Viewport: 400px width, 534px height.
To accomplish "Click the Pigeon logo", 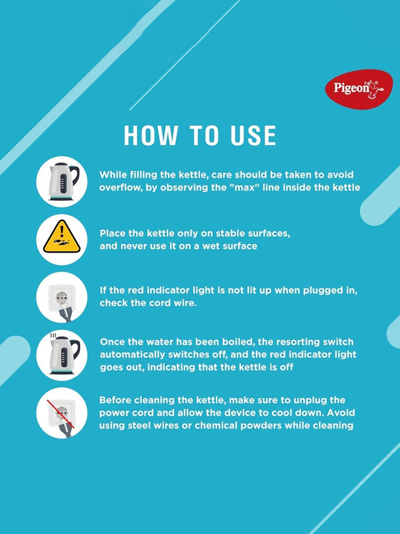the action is pos(359,89).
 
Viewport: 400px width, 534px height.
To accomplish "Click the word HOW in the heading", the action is pos(151,135).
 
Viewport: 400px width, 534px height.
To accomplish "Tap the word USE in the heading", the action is pos(253,135).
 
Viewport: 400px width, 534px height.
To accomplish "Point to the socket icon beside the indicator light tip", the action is pos(62,297).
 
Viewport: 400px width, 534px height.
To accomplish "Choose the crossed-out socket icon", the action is pos(62,413).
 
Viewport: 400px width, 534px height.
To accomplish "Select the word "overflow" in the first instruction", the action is pos(121,187).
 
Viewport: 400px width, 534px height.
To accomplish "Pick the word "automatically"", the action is pos(133,355).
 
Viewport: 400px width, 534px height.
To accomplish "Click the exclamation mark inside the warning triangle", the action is pos(62,231).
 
